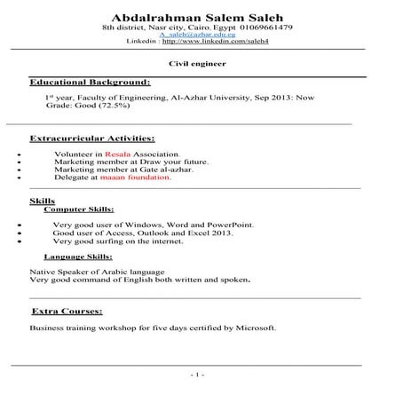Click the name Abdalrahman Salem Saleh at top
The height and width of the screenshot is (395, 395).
click(x=197, y=18)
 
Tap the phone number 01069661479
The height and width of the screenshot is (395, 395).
click(x=265, y=28)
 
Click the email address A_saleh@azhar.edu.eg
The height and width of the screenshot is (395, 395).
click(x=197, y=35)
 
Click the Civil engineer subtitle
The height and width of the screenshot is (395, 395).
click(x=197, y=64)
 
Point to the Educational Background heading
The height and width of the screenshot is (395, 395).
click(x=90, y=82)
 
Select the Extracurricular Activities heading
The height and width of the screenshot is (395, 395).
click(x=92, y=139)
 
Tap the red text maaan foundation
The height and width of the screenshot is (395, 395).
click(x=140, y=178)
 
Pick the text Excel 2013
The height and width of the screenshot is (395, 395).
click(x=209, y=233)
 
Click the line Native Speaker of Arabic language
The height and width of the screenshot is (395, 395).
click(x=96, y=271)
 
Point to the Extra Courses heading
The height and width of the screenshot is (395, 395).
click(x=67, y=312)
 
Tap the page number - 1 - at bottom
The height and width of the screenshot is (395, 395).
click(x=197, y=375)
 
